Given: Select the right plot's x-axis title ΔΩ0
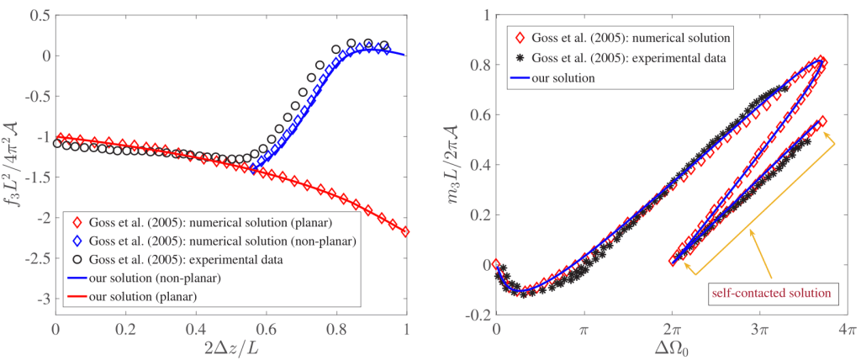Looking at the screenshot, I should pos(671,347).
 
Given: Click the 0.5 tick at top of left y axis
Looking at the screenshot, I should pos(37,16).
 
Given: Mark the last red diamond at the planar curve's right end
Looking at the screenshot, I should pos(407,231).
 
